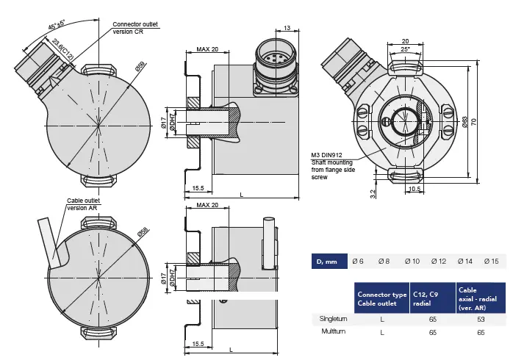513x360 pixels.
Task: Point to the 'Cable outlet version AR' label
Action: click(82, 204)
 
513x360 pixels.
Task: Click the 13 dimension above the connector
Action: click(286, 28)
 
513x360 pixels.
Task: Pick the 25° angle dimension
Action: click(405, 48)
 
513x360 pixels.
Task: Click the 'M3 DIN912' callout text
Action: click(329, 155)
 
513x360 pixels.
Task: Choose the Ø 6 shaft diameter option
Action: click(358, 261)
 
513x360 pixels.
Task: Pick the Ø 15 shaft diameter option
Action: click(491, 261)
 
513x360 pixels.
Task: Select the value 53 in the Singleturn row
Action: click(481, 318)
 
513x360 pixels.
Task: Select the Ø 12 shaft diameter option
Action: click(438, 261)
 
